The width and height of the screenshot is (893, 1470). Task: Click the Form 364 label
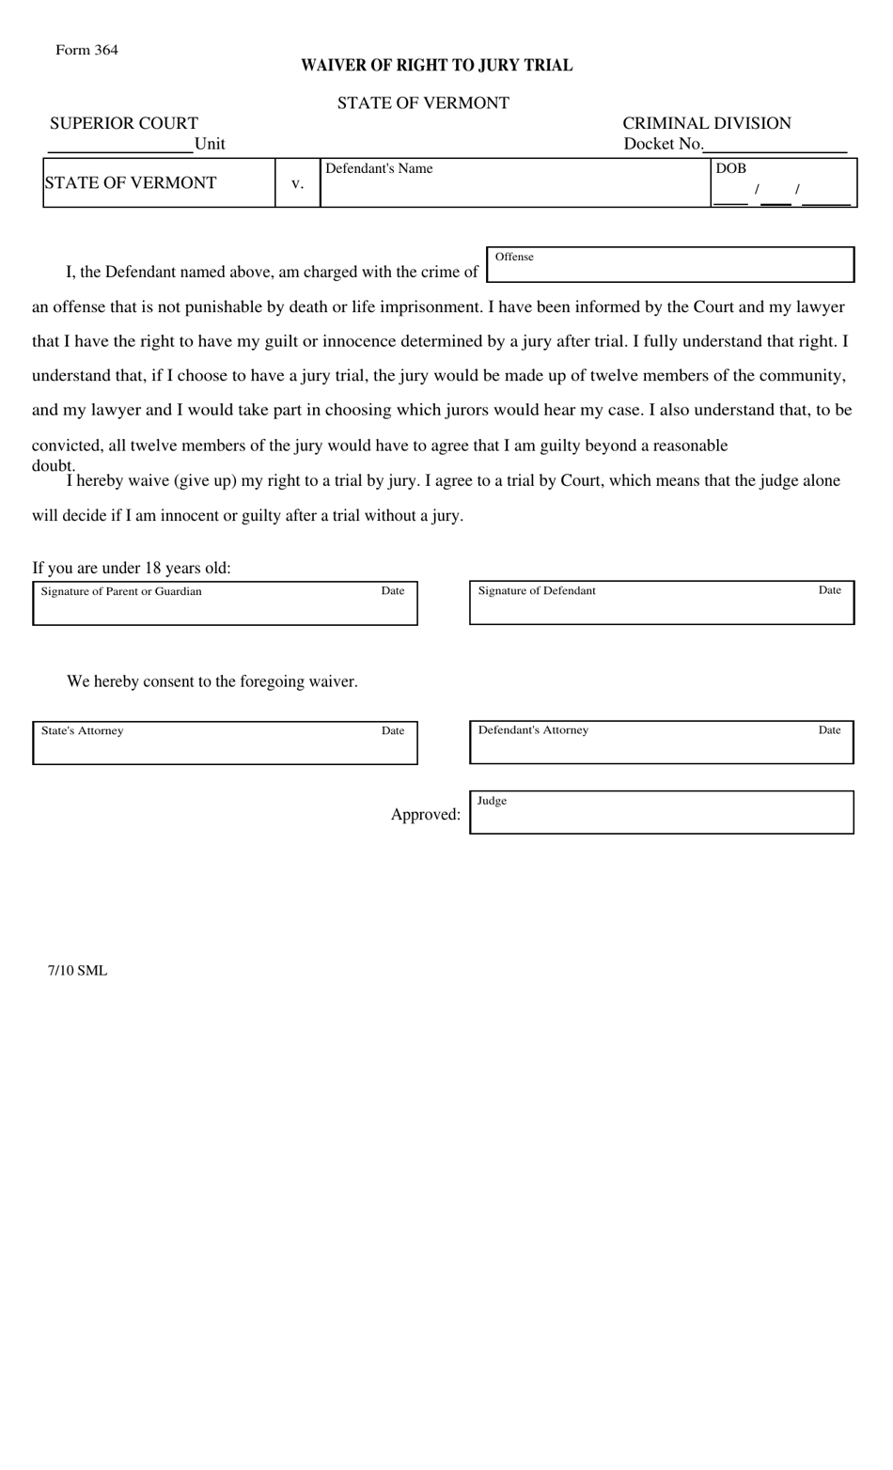click(x=86, y=50)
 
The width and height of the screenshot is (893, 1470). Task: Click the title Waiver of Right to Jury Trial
click(x=436, y=65)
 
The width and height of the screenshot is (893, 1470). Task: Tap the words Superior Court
click(x=124, y=123)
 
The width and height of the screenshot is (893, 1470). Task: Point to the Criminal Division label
click(x=706, y=123)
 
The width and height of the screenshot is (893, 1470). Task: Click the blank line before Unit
click(x=119, y=145)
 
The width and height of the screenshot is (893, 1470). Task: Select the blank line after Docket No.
click(x=775, y=145)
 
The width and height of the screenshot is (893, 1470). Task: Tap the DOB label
click(x=730, y=168)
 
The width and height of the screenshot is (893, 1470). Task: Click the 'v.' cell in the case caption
click(x=297, y=183)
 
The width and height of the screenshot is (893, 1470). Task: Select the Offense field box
click(x=669, y=265)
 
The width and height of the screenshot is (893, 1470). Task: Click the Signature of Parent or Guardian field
click(x=225, y=604)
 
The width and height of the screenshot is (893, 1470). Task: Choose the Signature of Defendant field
click(x=661, y=603)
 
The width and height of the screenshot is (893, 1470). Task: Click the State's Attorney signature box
click(x=225, y=743)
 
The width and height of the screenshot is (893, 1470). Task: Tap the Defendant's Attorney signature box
click(x=661, y=743)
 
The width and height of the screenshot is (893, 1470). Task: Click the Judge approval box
click(x=661, y=813)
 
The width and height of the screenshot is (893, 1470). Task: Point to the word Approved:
click(x=426, y=814)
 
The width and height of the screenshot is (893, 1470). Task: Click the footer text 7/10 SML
click(x=78, y=970)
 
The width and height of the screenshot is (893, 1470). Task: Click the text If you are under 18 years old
click(x=132, y=568)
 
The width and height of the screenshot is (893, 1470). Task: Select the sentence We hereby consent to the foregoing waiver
click(x=212, y=681)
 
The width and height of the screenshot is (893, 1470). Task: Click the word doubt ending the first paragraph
click(x=54, y=466)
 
